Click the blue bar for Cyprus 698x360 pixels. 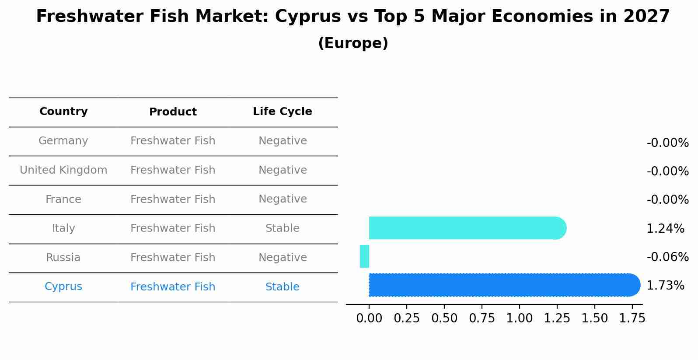pos(503,285)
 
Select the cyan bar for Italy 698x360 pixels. pos(466,228)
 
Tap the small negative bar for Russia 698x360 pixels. pos(364,256)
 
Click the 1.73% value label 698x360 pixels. pos(665,286)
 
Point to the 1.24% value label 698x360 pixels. pos(665,228)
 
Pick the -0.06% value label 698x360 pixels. pos(667,257)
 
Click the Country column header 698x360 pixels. pos(63,112)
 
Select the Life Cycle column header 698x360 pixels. pos(282,112)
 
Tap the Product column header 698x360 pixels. pos(173,112)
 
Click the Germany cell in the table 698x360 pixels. pos(63,141)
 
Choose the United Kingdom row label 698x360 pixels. pos(63,170)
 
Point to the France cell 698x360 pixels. pos(63,199)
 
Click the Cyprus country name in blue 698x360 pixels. pos(63,287)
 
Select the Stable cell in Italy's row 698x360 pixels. pos(282,228)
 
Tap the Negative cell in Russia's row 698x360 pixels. pos(282,258)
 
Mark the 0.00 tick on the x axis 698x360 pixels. pos(369,318)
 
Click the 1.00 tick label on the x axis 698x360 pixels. pos(520,318)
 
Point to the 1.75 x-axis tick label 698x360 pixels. pos(632,318)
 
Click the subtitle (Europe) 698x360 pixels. pos(353,43)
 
